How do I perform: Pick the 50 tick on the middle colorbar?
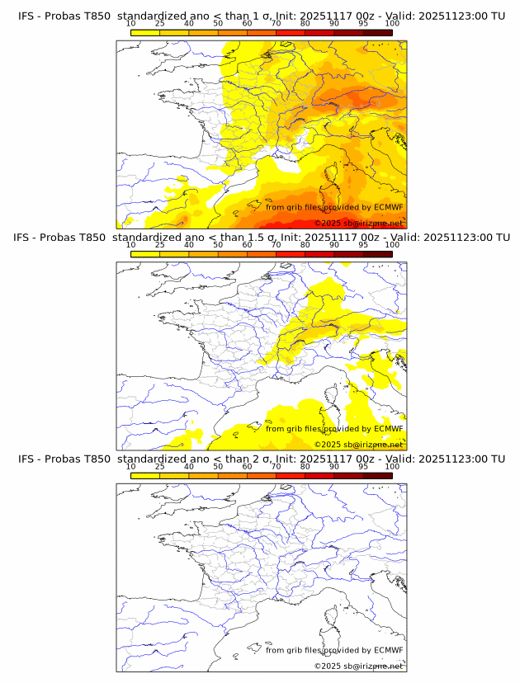click(x=218, y=244)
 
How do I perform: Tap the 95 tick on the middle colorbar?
click(x=363, y=244)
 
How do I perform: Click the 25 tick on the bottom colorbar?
click(x=159, y=466)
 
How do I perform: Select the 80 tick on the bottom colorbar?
click(x=305, y=466)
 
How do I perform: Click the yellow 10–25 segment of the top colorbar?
click(x=145, y=31)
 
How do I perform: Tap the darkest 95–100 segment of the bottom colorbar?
click(x=377, y=476)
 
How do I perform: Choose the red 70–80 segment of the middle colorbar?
click(x=291, y=254)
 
